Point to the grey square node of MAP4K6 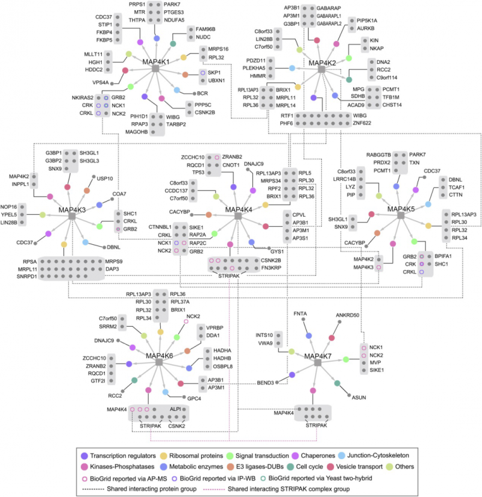(x=159, y=363)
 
